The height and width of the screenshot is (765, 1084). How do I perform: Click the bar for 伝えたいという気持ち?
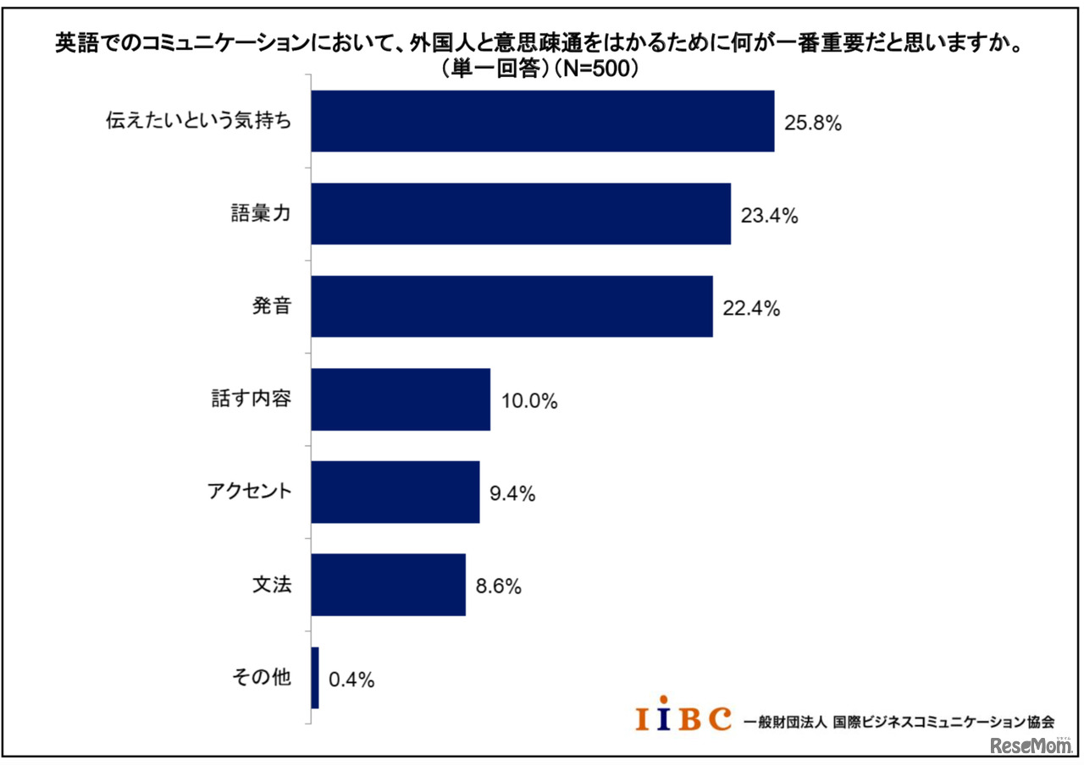point(542,121)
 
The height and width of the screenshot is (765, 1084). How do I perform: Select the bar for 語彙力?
point(520,214)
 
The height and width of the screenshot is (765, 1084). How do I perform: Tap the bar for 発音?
point(512,306)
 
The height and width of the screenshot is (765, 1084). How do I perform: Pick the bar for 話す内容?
point(401,399)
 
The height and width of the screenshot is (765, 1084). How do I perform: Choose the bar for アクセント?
point(395,492)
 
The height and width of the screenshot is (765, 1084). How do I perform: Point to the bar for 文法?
point(388,585)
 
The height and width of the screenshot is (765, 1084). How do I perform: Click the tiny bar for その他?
point(315,678)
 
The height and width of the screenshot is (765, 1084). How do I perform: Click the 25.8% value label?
point(812,124)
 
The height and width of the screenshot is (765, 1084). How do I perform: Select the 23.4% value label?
point(769,216)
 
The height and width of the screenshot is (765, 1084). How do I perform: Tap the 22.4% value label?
point(750,309)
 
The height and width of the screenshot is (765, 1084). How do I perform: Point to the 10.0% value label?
point(528,402)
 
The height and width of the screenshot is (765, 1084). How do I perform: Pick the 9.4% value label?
point(512,494)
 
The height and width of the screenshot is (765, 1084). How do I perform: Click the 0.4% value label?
point(351,680)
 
